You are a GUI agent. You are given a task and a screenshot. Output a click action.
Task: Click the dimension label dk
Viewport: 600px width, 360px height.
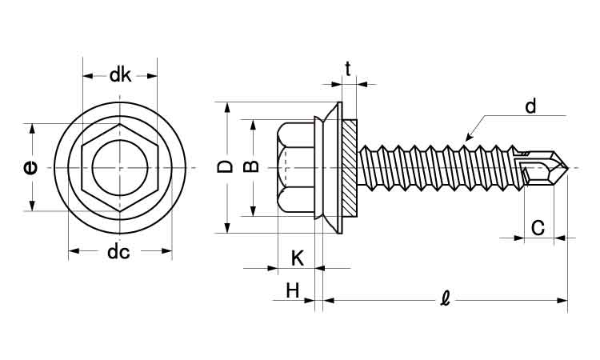[120, 75]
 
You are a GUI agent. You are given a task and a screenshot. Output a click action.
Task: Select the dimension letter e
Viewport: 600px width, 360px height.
[30, 167]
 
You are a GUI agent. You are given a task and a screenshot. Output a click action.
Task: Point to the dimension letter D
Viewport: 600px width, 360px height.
[226, 166]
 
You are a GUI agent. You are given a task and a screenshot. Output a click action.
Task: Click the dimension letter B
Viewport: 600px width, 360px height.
[250, 167]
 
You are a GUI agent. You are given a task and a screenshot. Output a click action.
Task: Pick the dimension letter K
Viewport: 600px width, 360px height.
[298, 258]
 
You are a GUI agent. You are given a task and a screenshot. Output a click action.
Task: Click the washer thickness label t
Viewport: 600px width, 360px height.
[348, 69]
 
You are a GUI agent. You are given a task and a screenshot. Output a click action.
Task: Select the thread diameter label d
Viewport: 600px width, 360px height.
[530, 106]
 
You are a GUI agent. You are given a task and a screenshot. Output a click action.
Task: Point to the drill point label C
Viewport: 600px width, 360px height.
[538, 227]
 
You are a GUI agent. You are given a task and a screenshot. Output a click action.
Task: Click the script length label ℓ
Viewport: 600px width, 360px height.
[446, 300]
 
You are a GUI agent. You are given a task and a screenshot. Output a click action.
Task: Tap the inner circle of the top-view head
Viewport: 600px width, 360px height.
[120, 167]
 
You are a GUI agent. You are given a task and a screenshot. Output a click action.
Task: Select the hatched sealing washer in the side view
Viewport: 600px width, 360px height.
[351, 167]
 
